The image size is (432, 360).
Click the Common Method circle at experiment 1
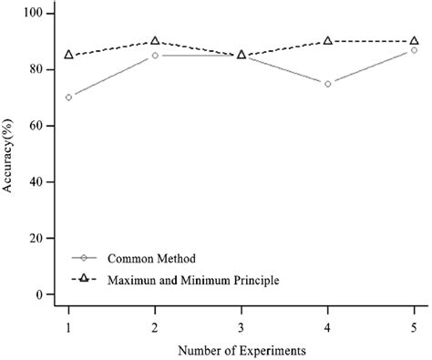point(69,97)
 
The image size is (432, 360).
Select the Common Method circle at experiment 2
point(155,56)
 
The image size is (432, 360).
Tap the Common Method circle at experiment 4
point(327,83)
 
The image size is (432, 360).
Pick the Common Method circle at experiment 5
point(414,50)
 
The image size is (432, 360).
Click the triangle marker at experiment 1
point(69,55)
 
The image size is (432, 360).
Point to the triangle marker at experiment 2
point(155,41)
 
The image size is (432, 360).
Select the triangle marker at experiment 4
point(327,41)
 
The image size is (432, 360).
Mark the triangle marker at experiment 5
point(414,41)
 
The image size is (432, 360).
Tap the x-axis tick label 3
point(242,324)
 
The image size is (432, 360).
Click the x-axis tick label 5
point(414,324)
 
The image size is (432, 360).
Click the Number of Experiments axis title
point(242,349)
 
